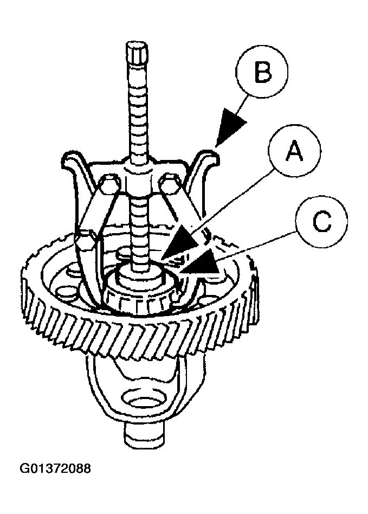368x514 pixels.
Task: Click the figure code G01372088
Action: click(55, 467)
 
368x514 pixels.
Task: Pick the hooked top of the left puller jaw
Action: click(72, 161)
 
